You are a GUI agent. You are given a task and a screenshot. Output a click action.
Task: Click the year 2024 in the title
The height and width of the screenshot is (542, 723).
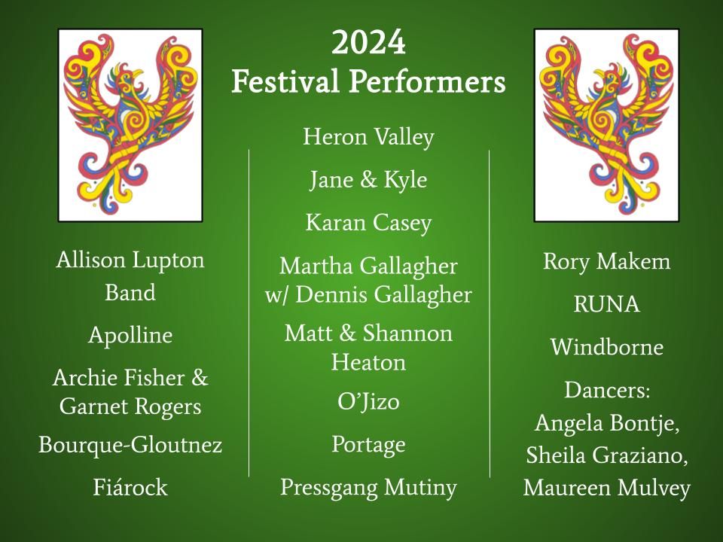368,42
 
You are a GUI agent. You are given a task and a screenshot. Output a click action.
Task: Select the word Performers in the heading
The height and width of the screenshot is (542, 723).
428,81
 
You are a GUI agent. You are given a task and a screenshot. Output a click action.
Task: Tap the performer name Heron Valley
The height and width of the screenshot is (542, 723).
368,137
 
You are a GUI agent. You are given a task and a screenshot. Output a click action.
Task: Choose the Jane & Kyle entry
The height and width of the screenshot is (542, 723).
368,179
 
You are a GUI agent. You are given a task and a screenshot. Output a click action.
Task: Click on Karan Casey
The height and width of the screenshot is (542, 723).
368,223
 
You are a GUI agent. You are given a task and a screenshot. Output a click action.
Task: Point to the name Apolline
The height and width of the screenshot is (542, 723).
130,335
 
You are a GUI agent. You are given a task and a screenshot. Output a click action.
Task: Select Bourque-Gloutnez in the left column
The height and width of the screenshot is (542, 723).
130,445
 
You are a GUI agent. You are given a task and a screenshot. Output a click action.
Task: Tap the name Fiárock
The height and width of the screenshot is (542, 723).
130,487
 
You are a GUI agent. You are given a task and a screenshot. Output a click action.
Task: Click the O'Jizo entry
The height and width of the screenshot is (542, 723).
368,402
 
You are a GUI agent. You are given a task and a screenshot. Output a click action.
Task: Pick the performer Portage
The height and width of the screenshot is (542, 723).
368,445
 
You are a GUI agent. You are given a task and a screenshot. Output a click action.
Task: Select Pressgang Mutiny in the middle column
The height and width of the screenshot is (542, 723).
368,488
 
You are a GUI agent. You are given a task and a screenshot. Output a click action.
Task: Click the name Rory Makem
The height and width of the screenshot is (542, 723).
607,261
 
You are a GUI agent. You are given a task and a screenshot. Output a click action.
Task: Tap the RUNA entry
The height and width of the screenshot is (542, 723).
607,304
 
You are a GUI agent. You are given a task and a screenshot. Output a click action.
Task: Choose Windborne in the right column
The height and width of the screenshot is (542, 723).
607,346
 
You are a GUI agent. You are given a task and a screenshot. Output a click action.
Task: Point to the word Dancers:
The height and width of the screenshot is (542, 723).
607,390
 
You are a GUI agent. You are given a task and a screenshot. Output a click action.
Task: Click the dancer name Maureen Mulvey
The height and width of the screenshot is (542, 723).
607,488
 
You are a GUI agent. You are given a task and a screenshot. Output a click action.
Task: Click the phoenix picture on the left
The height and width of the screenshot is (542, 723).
130,126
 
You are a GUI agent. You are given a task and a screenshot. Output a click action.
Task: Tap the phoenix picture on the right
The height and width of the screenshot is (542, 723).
606,126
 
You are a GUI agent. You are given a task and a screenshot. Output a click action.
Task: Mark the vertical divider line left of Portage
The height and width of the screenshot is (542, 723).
249,313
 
